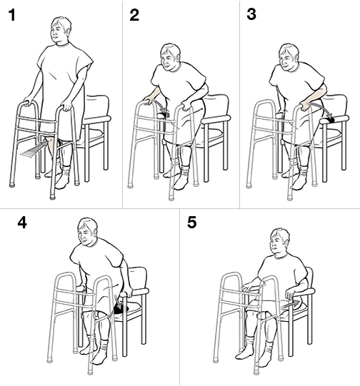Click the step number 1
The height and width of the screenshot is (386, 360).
(12, 15)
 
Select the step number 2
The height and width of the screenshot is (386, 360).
(134, 15)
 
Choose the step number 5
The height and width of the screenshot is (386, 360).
(192, 223)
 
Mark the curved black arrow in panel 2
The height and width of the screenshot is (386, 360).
(163, 111)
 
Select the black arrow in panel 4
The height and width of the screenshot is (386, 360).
(118, 308)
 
